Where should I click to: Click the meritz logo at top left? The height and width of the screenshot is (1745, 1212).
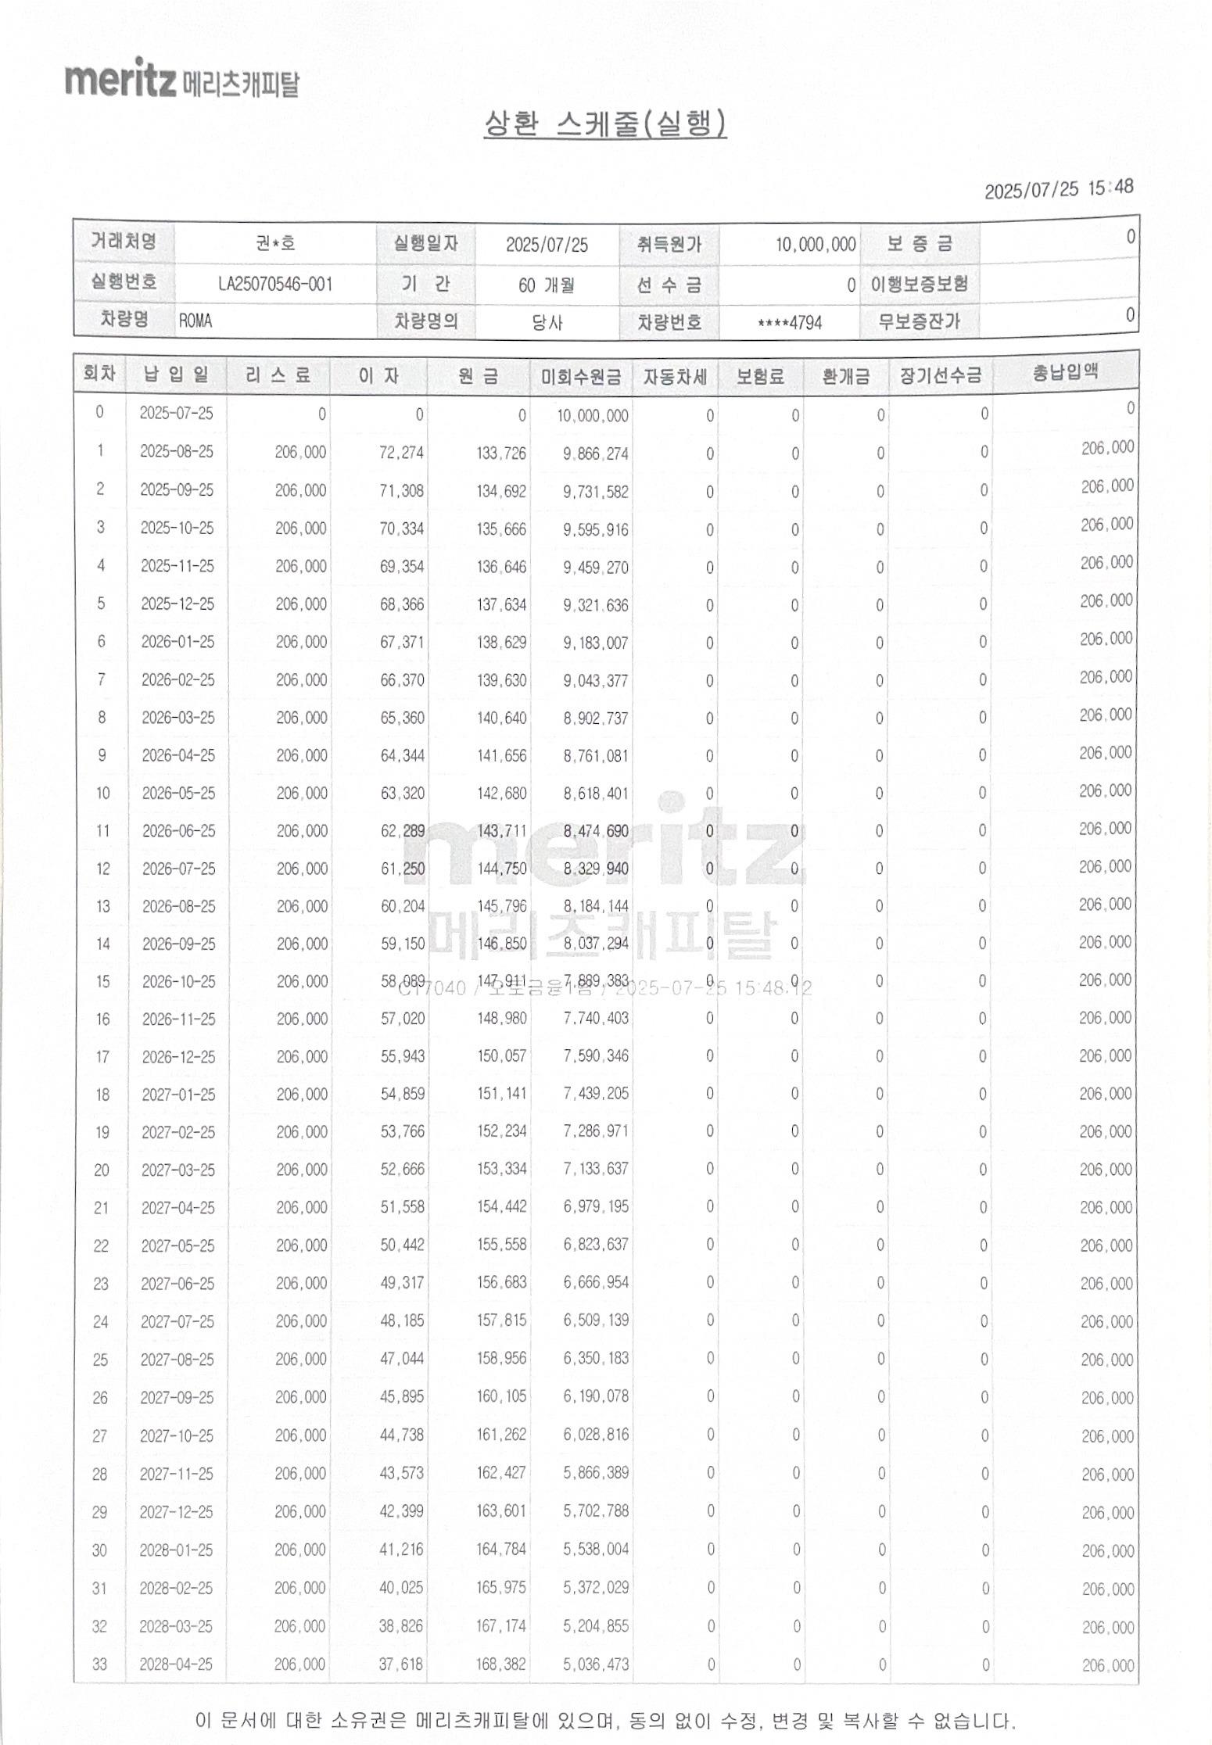pos(181,79)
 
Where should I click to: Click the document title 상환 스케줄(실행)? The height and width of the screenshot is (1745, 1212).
pos(605,124)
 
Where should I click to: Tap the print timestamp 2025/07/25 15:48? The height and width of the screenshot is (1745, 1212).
pos(1058,188)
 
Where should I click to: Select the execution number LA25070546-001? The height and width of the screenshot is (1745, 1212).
pos(275,283)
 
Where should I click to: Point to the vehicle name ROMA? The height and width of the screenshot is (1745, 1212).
pos(195,321)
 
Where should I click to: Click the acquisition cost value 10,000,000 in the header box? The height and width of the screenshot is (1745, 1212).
pos(815,245)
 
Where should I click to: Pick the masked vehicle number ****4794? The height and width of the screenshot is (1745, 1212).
pos(790,322)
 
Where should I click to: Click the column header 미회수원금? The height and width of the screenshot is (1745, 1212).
pos(581,377)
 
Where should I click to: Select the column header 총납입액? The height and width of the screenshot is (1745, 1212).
pos(1065,373)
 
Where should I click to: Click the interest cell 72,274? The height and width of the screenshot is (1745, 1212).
pos(401,453)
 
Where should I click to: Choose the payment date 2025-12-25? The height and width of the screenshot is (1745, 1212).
pos(177,604)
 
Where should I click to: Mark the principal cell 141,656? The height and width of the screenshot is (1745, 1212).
pos(501,755)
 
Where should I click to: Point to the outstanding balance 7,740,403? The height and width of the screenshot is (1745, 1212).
pos(596,1018)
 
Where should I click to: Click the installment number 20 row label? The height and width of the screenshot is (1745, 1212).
pos(102,1170)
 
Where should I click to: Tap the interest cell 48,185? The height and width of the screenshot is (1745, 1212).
pos(402,1320)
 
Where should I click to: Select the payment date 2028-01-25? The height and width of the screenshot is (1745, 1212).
pos(176,1550)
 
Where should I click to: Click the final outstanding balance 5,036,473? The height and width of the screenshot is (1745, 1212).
pos(596,1664)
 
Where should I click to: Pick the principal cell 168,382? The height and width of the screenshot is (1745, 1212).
pos(500,1664)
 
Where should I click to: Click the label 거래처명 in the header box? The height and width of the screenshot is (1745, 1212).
pos(124,241)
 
